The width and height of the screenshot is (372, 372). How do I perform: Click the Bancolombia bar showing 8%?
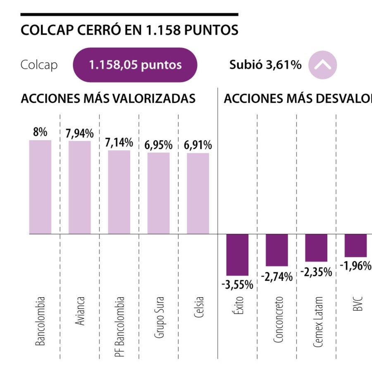tap(40, 187)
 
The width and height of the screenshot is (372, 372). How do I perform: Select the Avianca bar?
tap(79, 187)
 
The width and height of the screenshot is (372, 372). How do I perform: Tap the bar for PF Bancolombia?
tap(119, 192)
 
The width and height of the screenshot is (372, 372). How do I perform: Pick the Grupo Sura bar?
tap(158, 193)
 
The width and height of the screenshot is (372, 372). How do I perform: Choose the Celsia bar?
tap(198, 193)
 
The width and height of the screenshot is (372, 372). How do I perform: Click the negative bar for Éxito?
tap(237, 255)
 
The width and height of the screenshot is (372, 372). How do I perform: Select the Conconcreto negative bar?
tap(277, 250)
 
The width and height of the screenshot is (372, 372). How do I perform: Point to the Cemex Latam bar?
tap(316, 248)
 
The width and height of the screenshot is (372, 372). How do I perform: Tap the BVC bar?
tap(355, 246)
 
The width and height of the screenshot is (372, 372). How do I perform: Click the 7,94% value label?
tap(79, 134)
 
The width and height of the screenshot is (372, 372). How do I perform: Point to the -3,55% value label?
tap(237, 285)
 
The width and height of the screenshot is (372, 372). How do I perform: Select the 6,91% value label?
tap(198, 145)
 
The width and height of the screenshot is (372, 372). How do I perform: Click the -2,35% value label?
tap(316, 272)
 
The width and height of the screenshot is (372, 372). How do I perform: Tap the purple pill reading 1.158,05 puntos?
tap(135, 65)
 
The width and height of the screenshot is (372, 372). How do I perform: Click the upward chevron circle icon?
tap(322, 65)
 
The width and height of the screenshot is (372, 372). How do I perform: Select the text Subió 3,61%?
tap(265, 65)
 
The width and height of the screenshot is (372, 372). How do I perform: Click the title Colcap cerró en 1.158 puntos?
tap(129, 30)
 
